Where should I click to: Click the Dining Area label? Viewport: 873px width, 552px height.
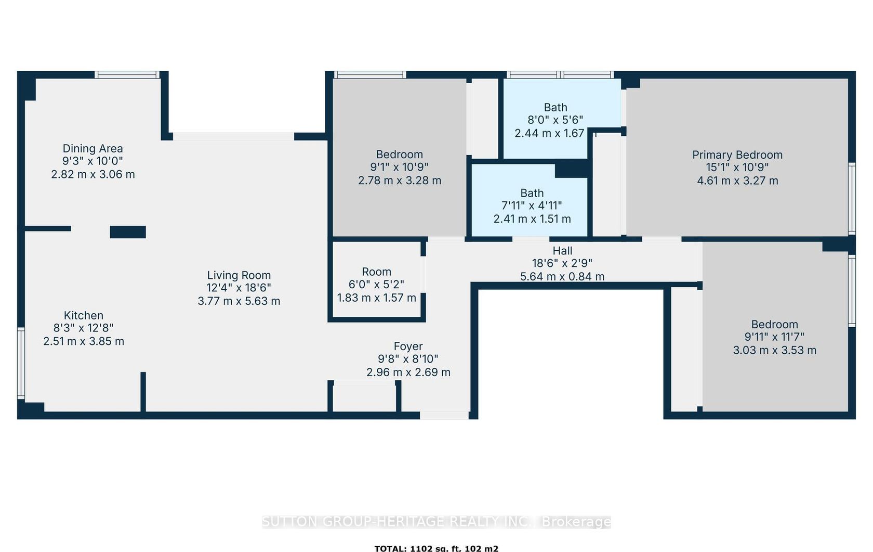92,149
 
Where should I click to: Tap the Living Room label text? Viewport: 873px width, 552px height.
239,275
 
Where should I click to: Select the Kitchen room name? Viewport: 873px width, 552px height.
83,315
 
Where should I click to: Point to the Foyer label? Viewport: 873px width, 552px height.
408,346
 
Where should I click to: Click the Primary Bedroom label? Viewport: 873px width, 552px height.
737,155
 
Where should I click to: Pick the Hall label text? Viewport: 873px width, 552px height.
562,251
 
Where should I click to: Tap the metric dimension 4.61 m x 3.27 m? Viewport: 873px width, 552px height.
737,181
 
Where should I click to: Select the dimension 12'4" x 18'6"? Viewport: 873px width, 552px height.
239,288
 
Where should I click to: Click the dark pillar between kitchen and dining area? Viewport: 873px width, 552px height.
128,232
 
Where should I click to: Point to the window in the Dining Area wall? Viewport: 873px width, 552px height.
127,74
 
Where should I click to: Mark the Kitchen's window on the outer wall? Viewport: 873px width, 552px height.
21,363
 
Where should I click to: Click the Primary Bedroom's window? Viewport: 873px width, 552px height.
852,199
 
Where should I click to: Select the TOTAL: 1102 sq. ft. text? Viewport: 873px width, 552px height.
437,548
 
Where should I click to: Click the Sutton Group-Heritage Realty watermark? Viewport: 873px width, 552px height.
437,522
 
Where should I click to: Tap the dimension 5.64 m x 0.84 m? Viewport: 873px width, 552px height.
562,277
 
